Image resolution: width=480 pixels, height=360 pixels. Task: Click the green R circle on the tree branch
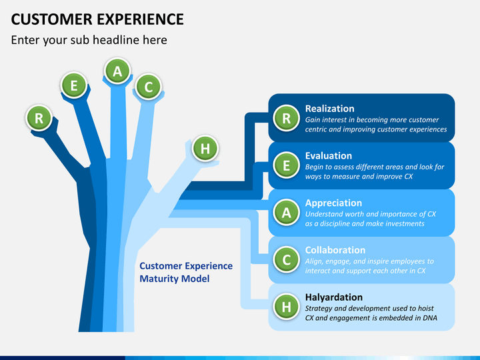pos(39,118)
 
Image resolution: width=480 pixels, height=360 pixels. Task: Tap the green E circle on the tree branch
pos(74,85)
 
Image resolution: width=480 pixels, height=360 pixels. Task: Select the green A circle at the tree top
pos(117,71)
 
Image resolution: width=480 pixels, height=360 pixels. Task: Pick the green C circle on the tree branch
pos(149,87)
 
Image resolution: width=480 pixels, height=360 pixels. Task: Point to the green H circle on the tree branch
pos(205,149)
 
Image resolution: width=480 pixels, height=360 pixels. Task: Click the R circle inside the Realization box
pos(286,118)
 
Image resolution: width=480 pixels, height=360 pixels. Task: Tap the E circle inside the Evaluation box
pos(286,165)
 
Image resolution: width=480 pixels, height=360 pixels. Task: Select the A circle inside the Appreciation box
pos(286,213)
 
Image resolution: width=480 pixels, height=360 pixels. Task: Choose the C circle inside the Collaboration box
pos(286,259)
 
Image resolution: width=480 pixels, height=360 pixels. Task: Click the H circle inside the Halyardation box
pos(286,307)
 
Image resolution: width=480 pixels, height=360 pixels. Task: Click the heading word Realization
pos(330,109)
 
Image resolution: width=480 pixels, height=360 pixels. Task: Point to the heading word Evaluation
pos(329,156)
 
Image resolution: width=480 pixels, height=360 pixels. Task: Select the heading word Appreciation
pos(334,203)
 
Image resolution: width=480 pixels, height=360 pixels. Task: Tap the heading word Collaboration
pos(335,250)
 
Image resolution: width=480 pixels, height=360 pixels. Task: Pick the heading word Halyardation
pos(334,297)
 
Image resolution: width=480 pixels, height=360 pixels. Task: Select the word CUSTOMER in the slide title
pos(52,19)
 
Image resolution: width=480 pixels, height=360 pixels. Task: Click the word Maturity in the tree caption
pos(159,279)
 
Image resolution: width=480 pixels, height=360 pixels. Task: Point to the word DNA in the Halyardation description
pos(430,318)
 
